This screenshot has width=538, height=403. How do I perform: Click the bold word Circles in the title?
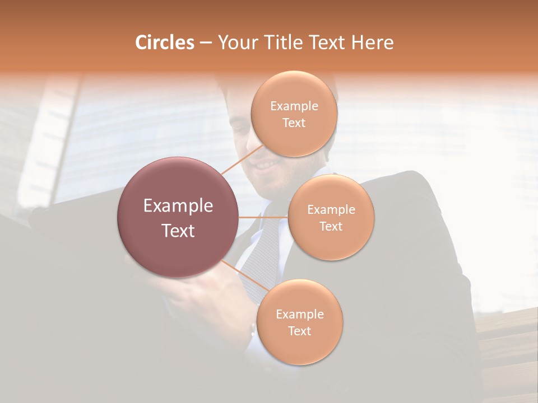point(164,43)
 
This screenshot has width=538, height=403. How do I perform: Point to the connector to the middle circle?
point(263,217)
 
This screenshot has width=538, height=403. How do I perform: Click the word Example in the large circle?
point(178,206)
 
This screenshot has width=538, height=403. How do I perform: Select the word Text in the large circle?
point(178,231)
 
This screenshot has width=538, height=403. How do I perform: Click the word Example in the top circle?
point(294,106)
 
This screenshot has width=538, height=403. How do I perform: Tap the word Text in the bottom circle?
point(299,331)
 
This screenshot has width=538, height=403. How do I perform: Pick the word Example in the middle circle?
point(331,210)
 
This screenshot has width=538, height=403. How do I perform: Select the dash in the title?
point(206,43)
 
